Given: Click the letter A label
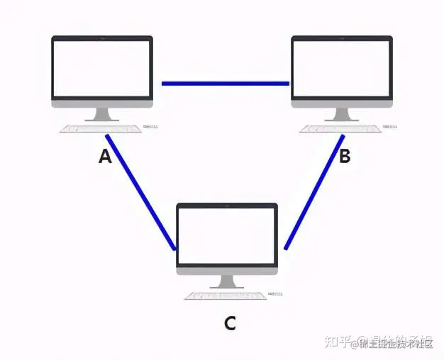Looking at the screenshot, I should [105, 157].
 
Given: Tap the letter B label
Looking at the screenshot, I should [345, 157].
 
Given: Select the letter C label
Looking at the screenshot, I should [229, 324].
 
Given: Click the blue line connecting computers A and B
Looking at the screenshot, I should [226, 84].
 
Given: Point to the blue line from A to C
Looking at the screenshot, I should [140, 191].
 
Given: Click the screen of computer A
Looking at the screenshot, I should [102, 68].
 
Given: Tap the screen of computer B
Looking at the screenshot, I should [342, 68].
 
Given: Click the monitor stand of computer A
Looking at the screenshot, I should [102, 114].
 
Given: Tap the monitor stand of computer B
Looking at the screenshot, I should [342, 114].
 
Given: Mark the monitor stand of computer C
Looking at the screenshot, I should [227, 281].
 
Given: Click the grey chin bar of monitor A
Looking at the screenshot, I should [102, 103].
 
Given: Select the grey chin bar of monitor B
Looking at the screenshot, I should [342, 103].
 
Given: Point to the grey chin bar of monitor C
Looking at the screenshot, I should [227, 270].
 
